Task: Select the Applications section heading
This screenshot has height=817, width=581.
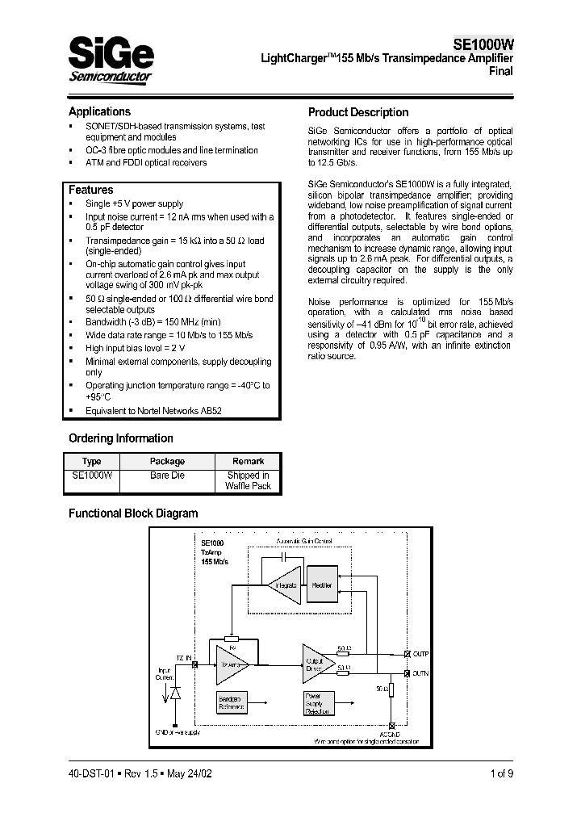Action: pos(99,111)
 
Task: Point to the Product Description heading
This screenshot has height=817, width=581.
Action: pos(358,112)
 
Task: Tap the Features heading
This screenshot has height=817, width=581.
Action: pos(90,190)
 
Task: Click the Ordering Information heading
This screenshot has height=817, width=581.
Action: pos(120,438)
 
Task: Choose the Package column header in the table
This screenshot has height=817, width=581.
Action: pos(167,461)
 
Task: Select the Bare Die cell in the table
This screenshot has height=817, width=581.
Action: pos(167,476)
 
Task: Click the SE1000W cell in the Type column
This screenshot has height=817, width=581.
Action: pos(92,476)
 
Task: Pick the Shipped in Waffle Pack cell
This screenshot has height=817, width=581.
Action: pos(248,481)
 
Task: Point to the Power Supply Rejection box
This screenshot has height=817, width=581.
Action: pos(317,704)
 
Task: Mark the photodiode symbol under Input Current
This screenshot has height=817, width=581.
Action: pos(173,692)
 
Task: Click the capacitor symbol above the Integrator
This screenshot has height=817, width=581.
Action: pos(284,557)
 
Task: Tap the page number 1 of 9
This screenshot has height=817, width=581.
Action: pos(500,773)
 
